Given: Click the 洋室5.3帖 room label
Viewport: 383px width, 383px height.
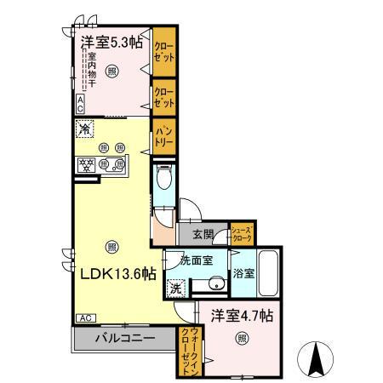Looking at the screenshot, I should coord(111,42).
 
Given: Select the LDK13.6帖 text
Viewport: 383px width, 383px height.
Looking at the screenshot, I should coord(117,273).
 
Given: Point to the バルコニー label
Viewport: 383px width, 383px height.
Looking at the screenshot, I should coord(124,338).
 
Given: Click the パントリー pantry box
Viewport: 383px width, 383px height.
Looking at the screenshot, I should coord(163,139).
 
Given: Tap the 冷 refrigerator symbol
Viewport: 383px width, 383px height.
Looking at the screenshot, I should coord(85,129).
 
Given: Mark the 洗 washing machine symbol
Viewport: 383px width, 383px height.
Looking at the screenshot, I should coord(174,287).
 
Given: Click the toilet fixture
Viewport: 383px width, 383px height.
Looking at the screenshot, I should coord(166,180).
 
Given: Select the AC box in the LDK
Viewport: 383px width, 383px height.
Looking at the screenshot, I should coord(85,317).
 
